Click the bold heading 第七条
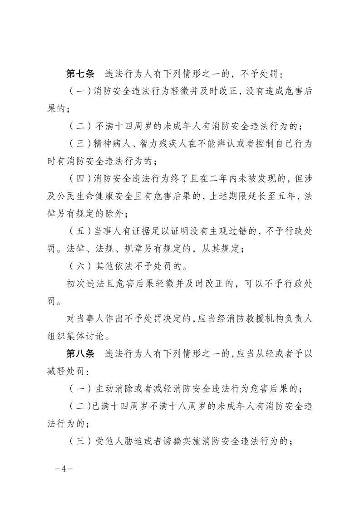coord(80,73)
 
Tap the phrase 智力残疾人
coord(167,143)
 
